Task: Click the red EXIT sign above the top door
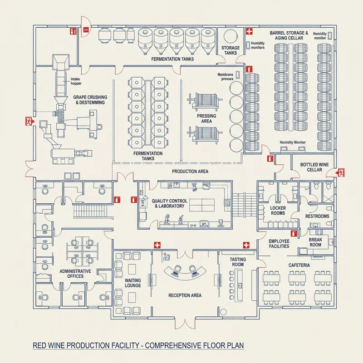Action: [86, 30]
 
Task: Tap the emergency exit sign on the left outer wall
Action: [29, 121]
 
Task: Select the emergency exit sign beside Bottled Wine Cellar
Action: [340, 172]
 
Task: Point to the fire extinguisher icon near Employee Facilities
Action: [294, 233]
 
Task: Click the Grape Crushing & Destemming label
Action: [89, 100]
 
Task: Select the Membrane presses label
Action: [225, 76]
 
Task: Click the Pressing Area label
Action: [206, 118]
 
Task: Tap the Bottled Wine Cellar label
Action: [311, 167]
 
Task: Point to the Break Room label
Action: [315, 242]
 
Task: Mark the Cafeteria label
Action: [299, 265]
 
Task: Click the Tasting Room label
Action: [238, 262]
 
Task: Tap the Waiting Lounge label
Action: [132, 283]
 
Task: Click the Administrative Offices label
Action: [75, 273]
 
